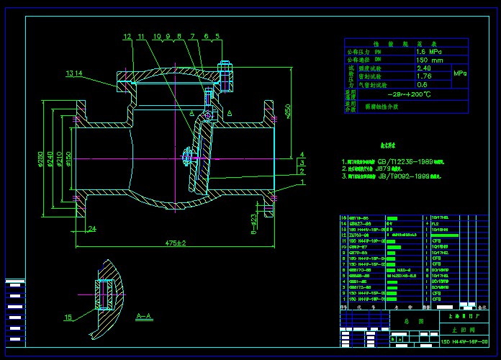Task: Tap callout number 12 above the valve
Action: pos(127,36)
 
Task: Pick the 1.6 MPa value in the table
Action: pos(430,52)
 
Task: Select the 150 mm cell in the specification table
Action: pos(430,60)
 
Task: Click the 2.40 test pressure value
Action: pos(425,68)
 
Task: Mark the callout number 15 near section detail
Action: pos(68,318)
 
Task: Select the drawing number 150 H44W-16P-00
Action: pos(464,340)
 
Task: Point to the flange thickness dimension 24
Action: pos(92,229)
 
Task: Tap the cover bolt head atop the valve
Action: pos(222,68)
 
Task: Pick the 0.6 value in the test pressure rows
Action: pos(423,84)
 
